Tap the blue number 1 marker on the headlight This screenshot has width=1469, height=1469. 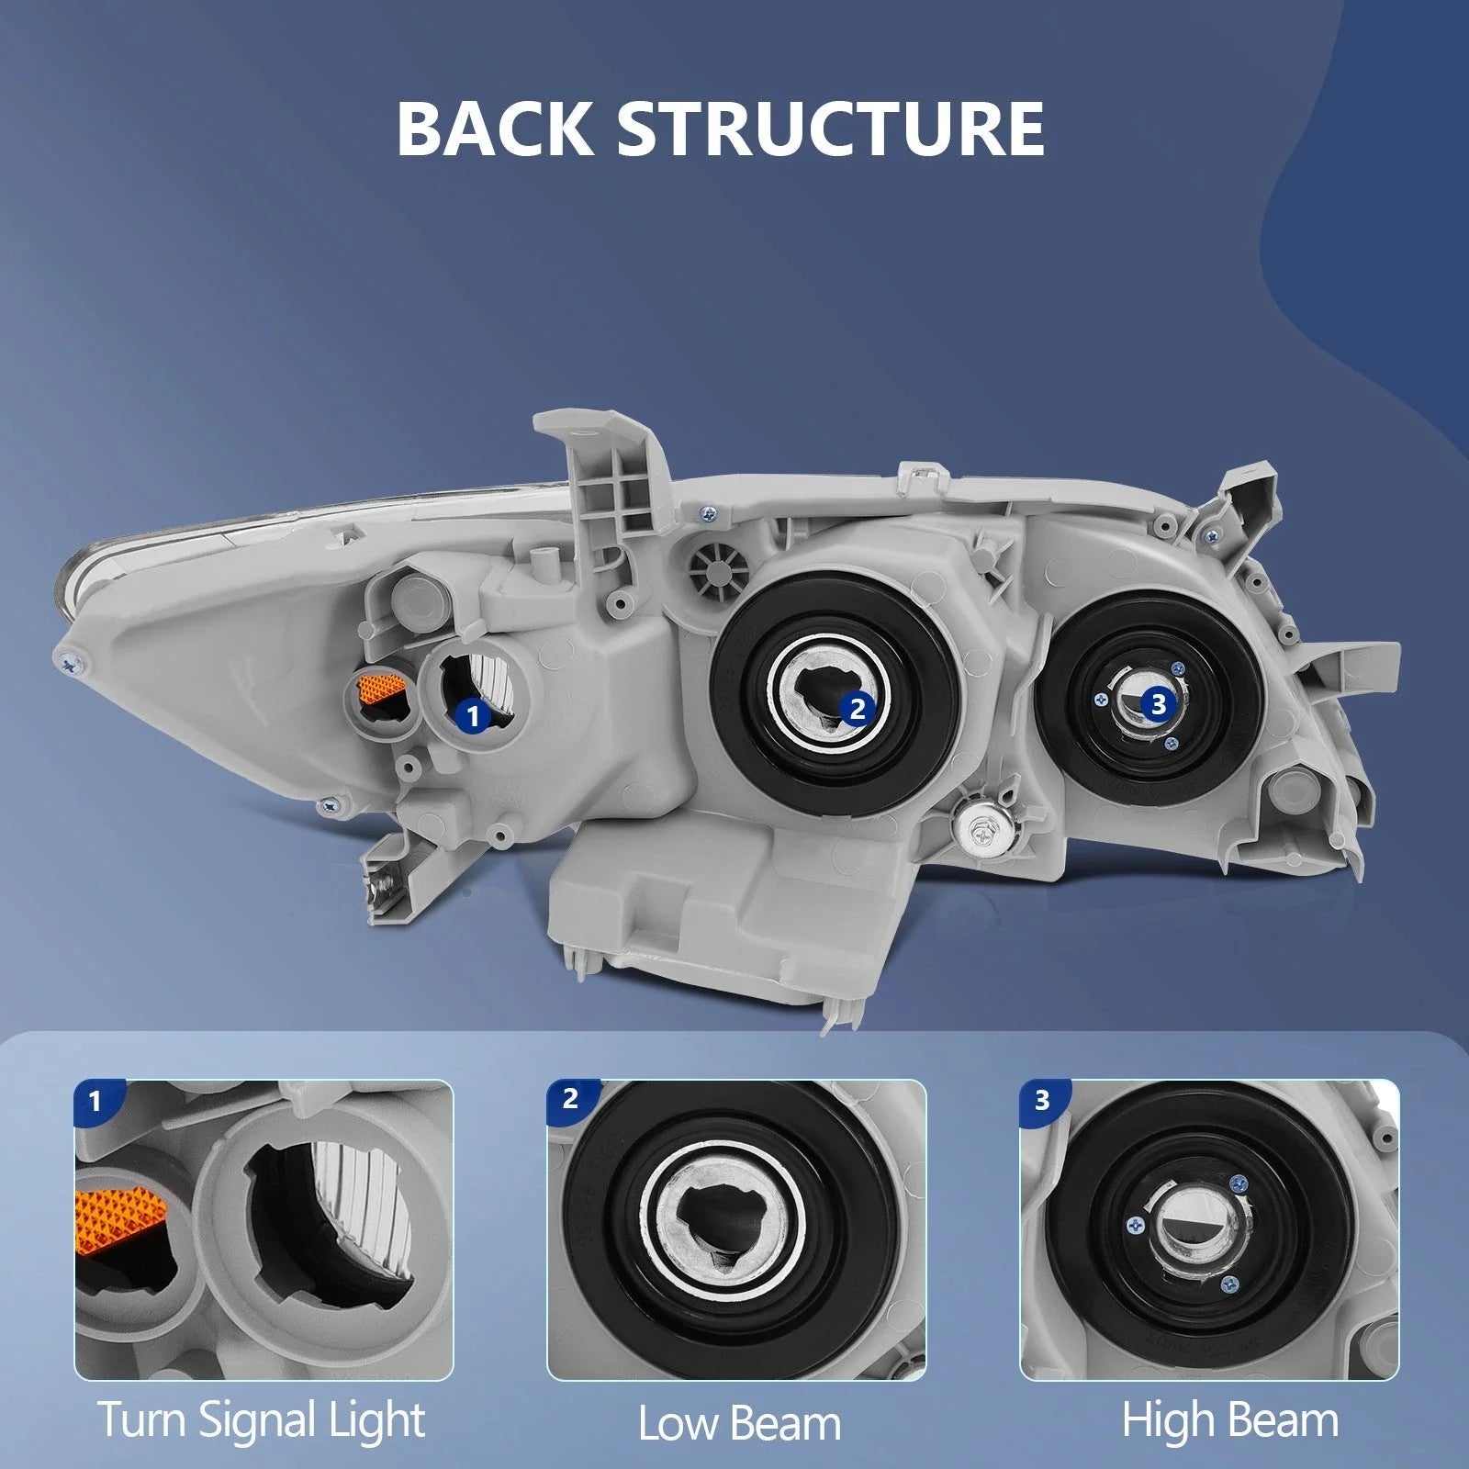pyautogui.click(x=473, y=713)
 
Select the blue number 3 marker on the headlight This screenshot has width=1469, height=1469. pyautogui.click(x=1158, y=704)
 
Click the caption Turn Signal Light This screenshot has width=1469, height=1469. pyautogui.click(x=262, y=1419)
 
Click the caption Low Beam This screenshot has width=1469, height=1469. pyautogui.click(x=739, y=1424)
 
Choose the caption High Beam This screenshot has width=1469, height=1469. pyautogui.click(x=1229, y=1419)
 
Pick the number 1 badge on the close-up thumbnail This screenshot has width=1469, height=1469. pyautogui.click(x=94, y=1101)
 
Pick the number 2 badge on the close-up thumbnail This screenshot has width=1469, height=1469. pyautogui.click(x=569, y=1099)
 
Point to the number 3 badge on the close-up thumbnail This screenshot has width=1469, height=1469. pyautogui.click(x=1041, y=1099)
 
